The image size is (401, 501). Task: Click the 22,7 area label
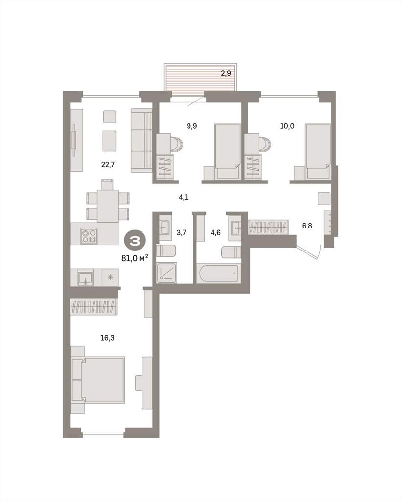tap(108, 165)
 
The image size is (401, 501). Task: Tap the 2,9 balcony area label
tap(226, 73)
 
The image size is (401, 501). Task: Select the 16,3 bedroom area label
tap(107, 338)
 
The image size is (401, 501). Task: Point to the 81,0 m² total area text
tap(135, 258)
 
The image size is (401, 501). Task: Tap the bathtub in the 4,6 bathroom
tap(217, 273)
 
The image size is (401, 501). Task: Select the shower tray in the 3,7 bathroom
tap(166, 273)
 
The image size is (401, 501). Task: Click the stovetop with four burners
tap(89, 236)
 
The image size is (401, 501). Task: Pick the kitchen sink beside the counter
tap(86, 277)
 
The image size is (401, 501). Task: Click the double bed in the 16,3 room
tap(98, 379)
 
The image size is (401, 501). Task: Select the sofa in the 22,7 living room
tap(141, 140)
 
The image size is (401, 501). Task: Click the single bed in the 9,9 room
tap(227, 152)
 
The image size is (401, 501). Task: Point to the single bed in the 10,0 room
tap(318, 152)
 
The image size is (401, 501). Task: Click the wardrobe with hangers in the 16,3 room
tap(94, 307)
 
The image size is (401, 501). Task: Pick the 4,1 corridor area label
tap(184, 197)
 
